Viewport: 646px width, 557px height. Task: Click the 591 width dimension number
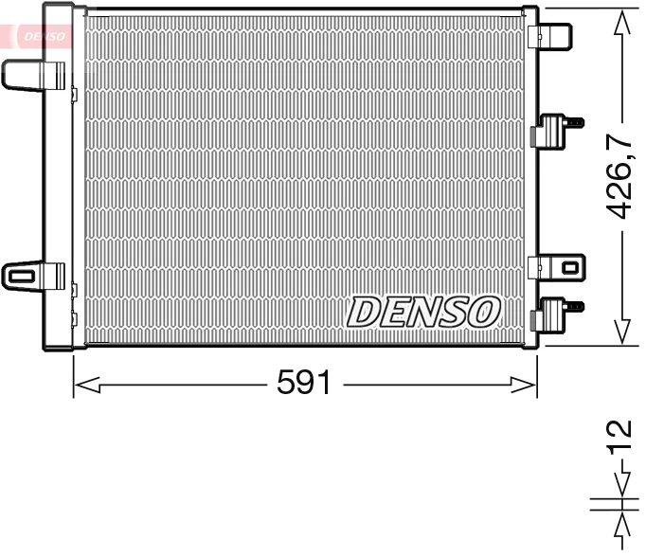pyautogui.click(x=304, y=382)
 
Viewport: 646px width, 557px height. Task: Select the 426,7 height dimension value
pyautogui.click(x=619, y=176)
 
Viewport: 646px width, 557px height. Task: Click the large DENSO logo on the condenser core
pyautogui.click(x=423, y=312)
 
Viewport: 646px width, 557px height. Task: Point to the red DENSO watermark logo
pyautogui.click(x=45, y=36)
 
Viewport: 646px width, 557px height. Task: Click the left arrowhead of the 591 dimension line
pyautogui.click(x=87, y=385)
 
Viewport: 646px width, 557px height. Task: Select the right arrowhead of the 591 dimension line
pyautogui.click(x=523, y=385)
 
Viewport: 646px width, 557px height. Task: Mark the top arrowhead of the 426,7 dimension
pyautogui.click(x=622, y=24)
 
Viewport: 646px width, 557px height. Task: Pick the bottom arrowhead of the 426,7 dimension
pyautogui.click(x=622, y=331)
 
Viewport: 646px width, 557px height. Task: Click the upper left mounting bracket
pyautogui.click(x=34, y=76)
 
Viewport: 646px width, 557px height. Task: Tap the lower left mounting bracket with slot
pyautogui.click(x=34, y=276)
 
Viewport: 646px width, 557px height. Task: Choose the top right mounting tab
pyautogui.click(x=549, y=36)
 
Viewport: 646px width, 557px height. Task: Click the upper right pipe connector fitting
pyautogui.click(x=556, y=130)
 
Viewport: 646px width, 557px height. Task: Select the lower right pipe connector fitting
pyautogui.click(x=556, y=314)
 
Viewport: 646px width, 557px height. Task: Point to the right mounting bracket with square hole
pyautogui.click(x=557, y=267)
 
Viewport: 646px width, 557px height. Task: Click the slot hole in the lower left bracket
pyautogui.click(x=21, y=276)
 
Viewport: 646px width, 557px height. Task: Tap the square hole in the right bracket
pyautogui.click(x=570, y=268)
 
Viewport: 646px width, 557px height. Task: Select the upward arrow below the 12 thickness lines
pyautogui.click(x=622, y=530)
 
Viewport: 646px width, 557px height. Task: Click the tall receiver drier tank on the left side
pyautogui.click(x=58, y=177)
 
